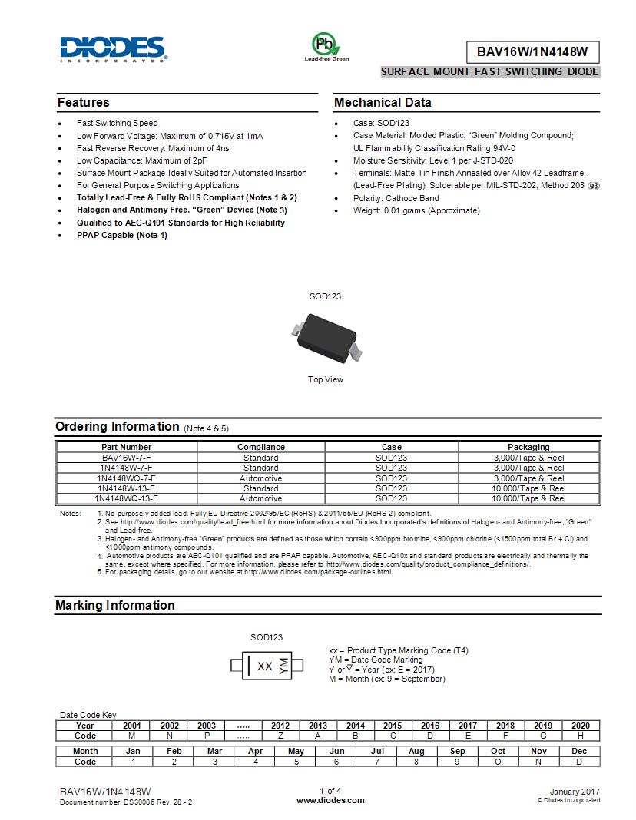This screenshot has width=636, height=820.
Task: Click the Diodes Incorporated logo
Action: [113, 48]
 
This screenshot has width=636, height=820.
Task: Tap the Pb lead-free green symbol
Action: [326, 44]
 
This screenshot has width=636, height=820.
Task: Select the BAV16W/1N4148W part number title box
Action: [532, 52]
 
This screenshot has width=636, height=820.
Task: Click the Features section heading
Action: [84, 103]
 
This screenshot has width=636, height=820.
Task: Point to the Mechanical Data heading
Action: [383, 103]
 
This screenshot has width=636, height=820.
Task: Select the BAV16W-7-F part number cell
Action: [127, 458]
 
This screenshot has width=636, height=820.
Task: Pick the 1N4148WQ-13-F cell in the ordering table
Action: [127, 498]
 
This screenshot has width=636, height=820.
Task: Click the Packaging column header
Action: [528, 447]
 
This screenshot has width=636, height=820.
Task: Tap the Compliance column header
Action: [261, 447]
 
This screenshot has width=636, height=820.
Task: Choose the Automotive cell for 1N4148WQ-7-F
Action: [261, 478]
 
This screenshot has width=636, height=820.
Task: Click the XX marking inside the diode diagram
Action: [265, 666]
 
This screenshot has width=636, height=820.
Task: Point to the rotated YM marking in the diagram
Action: [283, 666]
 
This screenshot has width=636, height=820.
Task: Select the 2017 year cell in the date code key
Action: [468, 726]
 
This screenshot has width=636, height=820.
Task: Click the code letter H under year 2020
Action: [581, 736]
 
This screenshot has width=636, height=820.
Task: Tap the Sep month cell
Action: [457, 751]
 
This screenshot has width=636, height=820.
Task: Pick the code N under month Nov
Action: [539, 762]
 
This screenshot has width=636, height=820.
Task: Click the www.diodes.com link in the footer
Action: [330, 800]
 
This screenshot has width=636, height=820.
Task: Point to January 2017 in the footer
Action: [575, 792]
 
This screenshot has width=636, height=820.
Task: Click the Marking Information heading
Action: [115, 606]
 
